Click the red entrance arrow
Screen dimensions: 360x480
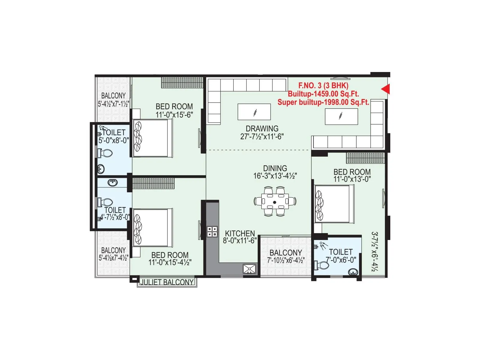point(386,89)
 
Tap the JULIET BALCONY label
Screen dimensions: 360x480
point(167,282)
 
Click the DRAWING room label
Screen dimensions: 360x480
point(262,128)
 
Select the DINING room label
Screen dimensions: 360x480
point(275,168)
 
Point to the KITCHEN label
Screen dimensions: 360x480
point(240,233)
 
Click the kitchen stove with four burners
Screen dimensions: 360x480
point(212,232)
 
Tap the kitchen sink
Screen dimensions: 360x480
point(250,269)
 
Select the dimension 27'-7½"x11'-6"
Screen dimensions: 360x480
point(262,136)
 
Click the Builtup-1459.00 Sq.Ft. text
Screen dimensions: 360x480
point(323,94)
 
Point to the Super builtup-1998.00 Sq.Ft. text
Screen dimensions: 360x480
point(323,102)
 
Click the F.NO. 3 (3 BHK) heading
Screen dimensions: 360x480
point(323,85)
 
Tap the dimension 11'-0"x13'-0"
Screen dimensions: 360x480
point(352,179)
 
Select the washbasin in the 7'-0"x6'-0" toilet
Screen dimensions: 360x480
point(353,272)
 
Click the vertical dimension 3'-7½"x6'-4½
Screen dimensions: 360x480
point(374,251)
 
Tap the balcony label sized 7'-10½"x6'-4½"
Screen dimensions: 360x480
point(286,253)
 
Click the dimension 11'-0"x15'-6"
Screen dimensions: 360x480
point(174,115)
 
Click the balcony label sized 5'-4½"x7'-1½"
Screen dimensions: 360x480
point(113,96)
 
